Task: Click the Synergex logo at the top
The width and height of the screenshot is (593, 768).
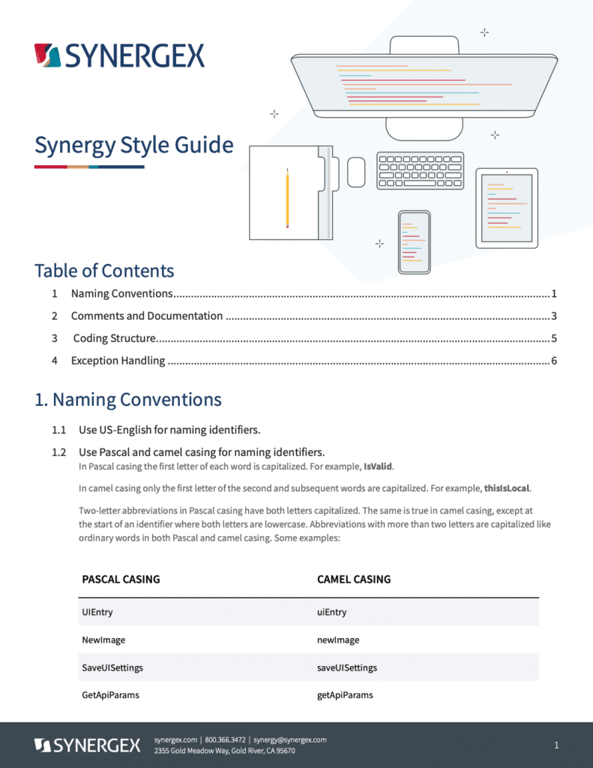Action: pos(119,55)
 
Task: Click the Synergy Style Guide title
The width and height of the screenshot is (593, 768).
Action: pos(133,145)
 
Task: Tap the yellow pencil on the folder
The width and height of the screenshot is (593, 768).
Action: pos(287,198)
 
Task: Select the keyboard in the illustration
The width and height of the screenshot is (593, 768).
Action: pos(420,170)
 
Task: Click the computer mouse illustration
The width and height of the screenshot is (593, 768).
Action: pos(356,172)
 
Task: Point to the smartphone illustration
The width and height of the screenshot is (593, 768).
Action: pos(414,241)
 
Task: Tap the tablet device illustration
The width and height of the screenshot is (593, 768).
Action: pos(506,208)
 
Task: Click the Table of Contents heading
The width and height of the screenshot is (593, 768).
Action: pos(104,271)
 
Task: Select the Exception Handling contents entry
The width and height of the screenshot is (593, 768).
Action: pos(118,361)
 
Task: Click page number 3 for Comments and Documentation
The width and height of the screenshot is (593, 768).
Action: pos(553,316)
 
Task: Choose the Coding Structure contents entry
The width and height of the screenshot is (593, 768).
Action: pos(114,338)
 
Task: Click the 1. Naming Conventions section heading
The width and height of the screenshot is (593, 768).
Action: pos(128,400)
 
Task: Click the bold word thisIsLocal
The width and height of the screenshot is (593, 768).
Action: pos(508,488)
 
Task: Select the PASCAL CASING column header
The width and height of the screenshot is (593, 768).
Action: pos(121,579)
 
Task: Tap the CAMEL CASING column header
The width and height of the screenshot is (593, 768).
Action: pos(354,579)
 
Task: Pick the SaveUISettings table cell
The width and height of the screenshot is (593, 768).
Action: pos(112,667)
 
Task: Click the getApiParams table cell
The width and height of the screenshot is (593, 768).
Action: pos(345,695)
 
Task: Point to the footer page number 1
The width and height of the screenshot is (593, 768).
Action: pos(556,745)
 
